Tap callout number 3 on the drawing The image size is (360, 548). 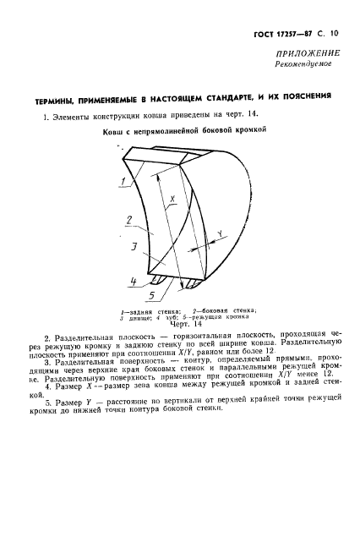click(133, 249)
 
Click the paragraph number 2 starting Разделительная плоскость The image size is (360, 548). click(46, 337)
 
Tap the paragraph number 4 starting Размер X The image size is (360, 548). click(47, 385)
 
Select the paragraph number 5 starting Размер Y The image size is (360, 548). click(47, 403)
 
